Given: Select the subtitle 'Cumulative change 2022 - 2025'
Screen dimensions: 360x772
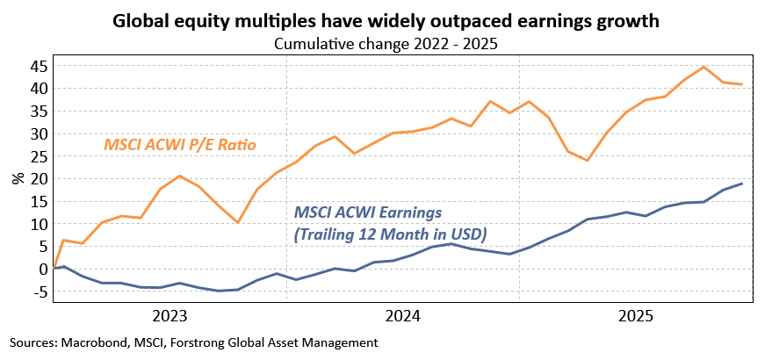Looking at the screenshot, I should point(386,44).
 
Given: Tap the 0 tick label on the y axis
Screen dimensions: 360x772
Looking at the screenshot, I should point(41,269).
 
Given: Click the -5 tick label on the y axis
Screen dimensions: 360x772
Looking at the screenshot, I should point(38,292).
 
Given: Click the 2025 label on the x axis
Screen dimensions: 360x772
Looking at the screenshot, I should point(637,314).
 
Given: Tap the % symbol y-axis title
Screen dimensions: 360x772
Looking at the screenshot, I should point(18,178).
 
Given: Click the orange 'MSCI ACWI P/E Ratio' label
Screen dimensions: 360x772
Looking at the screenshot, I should point(179,143).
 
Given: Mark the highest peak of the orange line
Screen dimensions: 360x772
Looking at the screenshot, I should point(703,67).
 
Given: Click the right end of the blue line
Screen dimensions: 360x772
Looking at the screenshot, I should point(742,184).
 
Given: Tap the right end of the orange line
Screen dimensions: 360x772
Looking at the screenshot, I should point(742,84).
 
